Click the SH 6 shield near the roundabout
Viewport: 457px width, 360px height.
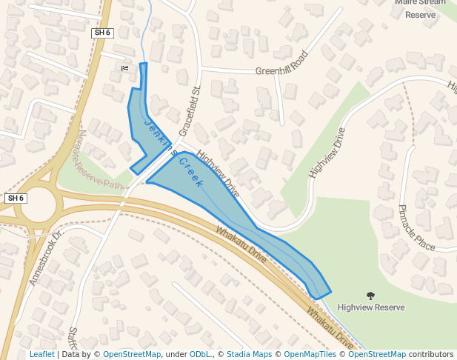coord(16,199)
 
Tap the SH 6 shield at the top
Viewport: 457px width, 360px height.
coord(102,33)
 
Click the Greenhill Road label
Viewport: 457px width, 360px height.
coord(281,64)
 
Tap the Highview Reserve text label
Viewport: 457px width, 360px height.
coord(370,307)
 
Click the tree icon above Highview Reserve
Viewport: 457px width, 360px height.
coord(370,296)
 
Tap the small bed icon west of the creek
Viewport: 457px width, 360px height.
coord(124,69)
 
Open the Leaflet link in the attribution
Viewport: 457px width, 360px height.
coord(41,355)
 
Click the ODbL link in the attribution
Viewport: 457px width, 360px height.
coord(199,355)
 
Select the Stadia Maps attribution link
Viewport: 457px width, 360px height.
coord(249,355)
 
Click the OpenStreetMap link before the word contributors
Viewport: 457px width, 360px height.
coord(377,355)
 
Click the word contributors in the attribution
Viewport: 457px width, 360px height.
coord(431,355)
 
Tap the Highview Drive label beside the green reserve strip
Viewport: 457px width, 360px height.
coord(327,152)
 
